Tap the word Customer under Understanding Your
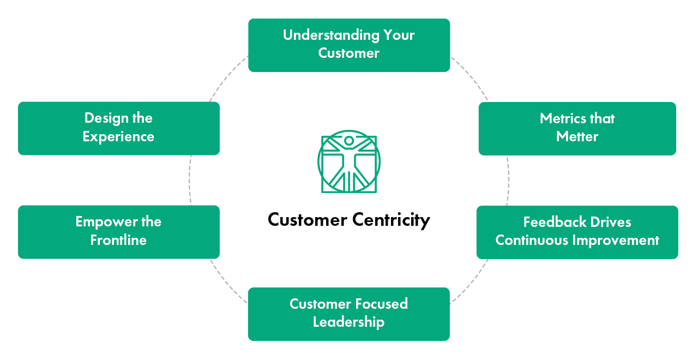coord(349,53)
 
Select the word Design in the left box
coord(103,118)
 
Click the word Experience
coord(118,136)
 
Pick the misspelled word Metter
coord(577,137)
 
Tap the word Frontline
coord(118,240)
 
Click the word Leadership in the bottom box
coord(348,322)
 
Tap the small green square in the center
coord(349,161)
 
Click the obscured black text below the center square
coord(349,220)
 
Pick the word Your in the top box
coord(399,35)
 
